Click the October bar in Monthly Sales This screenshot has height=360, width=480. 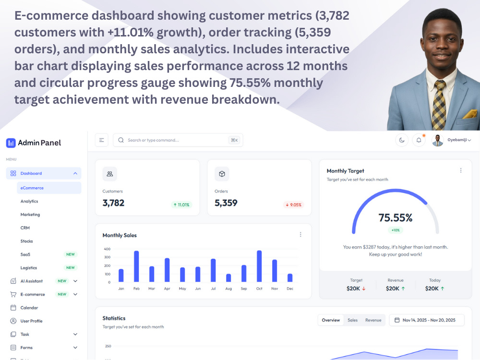[259, 266]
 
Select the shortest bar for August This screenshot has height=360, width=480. [228, 277]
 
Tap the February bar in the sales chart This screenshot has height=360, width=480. [136, 266]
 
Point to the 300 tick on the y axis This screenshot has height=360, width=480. [107, 257]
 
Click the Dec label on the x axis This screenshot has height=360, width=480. [290, 288]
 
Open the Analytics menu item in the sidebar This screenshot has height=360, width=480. [29, 201]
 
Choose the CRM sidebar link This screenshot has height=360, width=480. [25, 228]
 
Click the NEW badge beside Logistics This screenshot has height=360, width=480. [71, 267]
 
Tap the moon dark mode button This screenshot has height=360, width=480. [402, 140]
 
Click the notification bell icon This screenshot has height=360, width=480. [419, 140]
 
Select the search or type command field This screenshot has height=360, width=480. [178, 140]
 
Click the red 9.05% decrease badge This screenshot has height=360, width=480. [294, 205]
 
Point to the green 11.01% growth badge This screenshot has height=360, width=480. [181, 205]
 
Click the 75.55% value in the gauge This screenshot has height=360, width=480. [396, 217]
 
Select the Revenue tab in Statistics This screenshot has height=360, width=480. [373, 320]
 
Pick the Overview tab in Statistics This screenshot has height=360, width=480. [331, 320]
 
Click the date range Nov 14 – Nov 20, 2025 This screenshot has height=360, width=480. [426, 320]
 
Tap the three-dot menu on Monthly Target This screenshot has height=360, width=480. [461, 170]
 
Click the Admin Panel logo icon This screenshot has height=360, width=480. [11, 143]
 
